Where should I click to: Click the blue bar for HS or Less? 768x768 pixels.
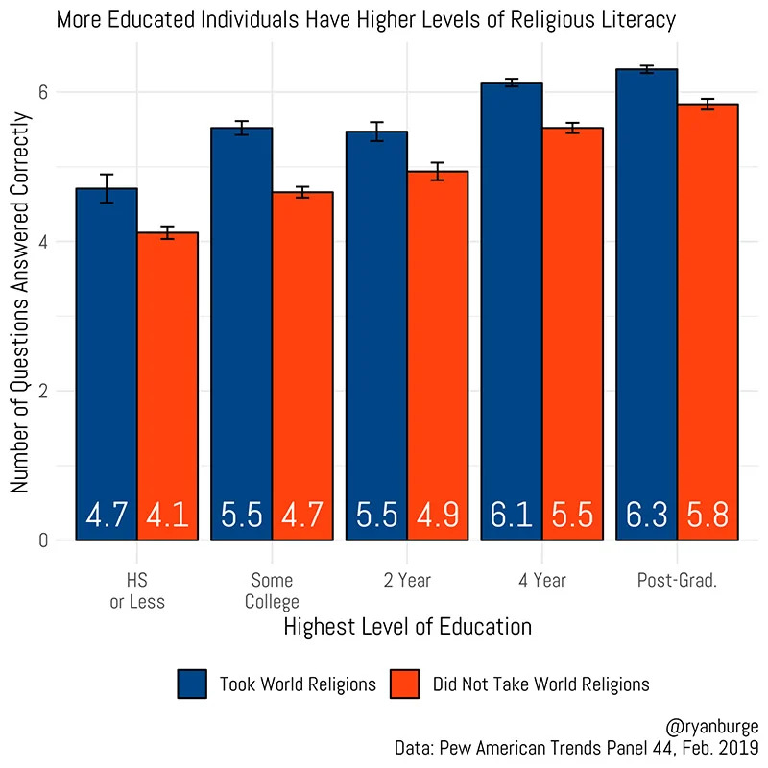coord(107,365)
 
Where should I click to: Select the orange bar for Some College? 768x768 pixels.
coord(302,365)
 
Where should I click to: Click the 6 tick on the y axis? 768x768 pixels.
coord(42,92)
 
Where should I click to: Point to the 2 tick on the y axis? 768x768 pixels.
coord(42,391)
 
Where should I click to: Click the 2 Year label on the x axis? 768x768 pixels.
coord(407,581)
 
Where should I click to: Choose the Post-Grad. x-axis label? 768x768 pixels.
coord(677,581)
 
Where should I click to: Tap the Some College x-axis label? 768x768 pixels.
coord(273,591)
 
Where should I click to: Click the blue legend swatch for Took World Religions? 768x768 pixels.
coord(193,684)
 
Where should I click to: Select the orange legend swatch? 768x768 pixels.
coord(407,684)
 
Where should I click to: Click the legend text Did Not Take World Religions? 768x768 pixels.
coord(540,684)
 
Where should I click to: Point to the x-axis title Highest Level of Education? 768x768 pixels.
coord(408,628)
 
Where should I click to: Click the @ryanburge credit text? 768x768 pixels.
coord(711,727)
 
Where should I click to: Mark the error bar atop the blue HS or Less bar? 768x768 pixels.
coord(107,188)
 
